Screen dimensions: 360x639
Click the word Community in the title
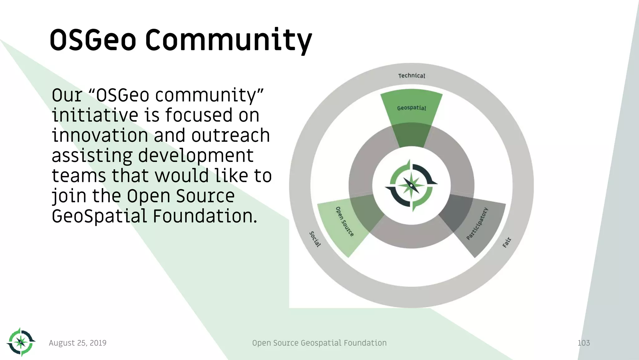228,41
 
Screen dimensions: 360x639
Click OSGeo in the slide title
93,41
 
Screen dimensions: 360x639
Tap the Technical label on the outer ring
412,76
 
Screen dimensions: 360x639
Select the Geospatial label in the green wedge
412,108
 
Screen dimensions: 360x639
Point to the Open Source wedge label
344,221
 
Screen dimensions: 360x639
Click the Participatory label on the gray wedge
477,223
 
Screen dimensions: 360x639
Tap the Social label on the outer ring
315,239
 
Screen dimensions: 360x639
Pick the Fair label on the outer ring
507,242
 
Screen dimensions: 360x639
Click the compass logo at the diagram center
411,186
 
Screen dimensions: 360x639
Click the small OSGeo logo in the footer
21,342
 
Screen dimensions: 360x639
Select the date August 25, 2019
78,343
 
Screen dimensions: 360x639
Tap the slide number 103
583,343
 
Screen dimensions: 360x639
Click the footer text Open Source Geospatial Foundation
319,343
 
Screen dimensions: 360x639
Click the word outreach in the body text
231,135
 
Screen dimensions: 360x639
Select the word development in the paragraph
196,156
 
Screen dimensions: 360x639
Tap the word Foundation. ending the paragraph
205,216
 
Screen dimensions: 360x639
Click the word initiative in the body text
95,115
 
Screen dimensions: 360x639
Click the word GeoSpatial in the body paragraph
99,216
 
